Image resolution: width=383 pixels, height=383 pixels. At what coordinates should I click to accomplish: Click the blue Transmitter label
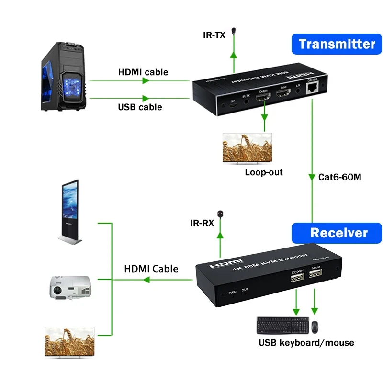tap(337, 44)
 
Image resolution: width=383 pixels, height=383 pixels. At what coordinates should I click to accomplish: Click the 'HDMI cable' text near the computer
tap(143, 72)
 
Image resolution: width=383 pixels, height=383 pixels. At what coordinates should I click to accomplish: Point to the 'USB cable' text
tap(140, 107)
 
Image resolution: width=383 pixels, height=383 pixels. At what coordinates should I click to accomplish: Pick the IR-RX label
tap(202, 223)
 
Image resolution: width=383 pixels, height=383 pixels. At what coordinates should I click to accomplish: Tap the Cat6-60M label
tap(339, 177)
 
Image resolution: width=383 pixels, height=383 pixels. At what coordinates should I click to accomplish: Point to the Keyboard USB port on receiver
tap(298, 278)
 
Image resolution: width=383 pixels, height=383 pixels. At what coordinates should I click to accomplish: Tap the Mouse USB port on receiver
tap(315, 275)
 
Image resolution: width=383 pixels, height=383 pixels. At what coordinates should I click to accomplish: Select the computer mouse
tap(315, 327)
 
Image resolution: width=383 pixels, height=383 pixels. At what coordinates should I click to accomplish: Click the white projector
tap(69, 287)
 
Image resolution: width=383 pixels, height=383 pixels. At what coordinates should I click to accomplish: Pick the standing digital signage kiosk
tap(70, 211)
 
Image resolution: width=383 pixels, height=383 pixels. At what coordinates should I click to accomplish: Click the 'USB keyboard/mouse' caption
tap(306, 342)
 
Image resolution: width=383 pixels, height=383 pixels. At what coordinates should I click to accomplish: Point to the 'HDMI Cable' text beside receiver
tap(151, 269)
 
